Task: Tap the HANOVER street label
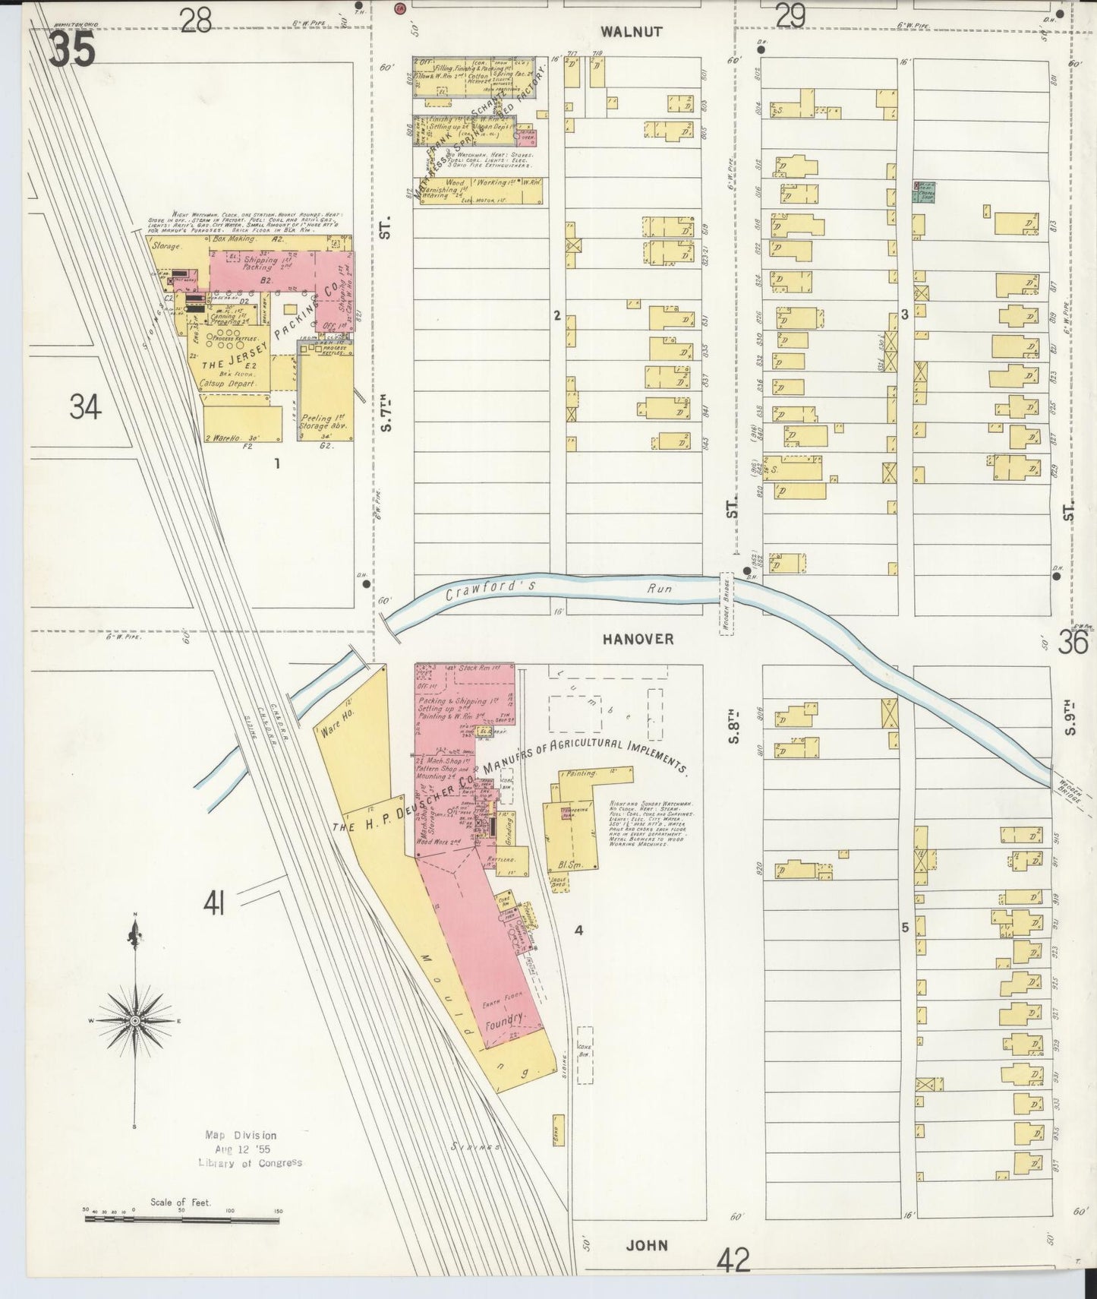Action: [x=638, y=640]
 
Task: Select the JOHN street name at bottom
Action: [x=648, y=1244]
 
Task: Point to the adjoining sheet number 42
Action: [x=733, y=1261]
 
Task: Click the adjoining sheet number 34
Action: [x=85, y=409]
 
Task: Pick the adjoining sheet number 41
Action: [x=215, y=904]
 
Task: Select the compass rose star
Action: [x=135, y=1020]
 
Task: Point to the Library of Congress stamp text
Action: [x=251, y=1162]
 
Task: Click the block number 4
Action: [x=578, y=929]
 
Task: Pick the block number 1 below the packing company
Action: [x=277, y=462]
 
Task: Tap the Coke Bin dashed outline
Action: [x=585, y=1054]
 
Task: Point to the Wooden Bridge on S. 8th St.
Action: [x=726, y=603]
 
